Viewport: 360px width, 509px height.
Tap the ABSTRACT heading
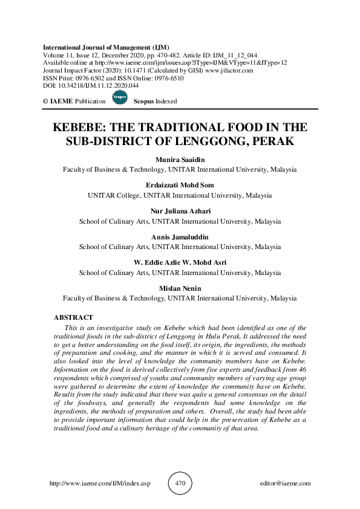coord(73,317)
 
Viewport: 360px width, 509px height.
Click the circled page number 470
coord(180,484)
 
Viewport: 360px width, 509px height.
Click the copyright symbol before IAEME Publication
coord(45,102)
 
